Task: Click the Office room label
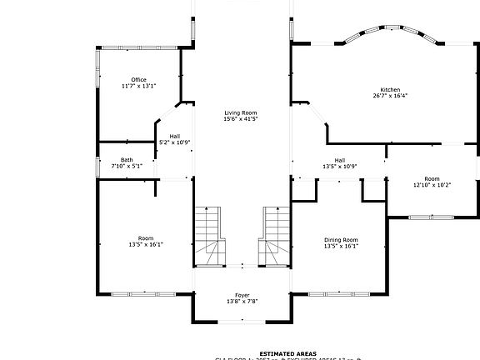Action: point(138,80)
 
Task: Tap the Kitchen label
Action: point(390,89)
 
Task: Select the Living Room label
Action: point(240,112)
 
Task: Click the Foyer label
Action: point(242,295)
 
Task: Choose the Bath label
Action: point(127,160)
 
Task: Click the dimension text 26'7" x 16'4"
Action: point(390,96)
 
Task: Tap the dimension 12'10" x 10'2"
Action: point(432,185)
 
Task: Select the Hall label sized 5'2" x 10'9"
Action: point(175,136)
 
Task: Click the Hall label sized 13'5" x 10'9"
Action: point(340,160)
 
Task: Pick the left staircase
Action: point(210,236)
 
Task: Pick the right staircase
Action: point(274,236)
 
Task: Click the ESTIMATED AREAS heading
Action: point(287,353)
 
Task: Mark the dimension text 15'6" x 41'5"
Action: point(240,119)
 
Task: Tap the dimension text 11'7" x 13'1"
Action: point(138,86)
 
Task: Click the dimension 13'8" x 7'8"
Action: point(242,301)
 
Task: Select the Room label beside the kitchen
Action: point(432,178)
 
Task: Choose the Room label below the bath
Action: point(145,238)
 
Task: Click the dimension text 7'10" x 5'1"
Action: point(127,166)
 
